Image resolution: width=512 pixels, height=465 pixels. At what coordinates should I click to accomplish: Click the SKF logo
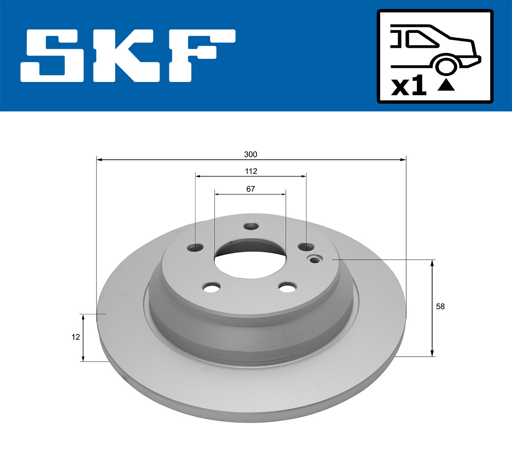(128, 56)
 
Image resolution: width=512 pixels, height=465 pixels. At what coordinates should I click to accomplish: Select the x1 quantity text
(409, 87)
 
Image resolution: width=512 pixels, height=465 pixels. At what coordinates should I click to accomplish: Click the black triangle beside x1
(446, 85)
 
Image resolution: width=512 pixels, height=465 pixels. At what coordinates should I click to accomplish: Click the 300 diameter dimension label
(250, 154)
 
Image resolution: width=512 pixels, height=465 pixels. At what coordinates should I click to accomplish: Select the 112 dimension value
(251, 171)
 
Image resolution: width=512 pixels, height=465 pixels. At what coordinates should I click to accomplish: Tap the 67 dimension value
(250, 189)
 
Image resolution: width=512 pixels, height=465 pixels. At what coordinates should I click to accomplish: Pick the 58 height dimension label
(440, 306)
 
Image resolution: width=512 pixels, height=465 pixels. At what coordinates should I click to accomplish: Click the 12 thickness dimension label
(76, 337)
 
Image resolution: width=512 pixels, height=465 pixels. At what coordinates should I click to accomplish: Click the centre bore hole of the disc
(250, 260)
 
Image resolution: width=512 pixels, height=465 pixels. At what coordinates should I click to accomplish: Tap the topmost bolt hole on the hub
(251, 226)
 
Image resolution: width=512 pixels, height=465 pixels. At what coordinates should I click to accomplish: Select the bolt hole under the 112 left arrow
(196, 247)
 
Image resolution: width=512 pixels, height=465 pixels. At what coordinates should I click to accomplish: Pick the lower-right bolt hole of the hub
(288, 287)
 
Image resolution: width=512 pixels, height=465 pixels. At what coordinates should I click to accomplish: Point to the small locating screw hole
(315, 260)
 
